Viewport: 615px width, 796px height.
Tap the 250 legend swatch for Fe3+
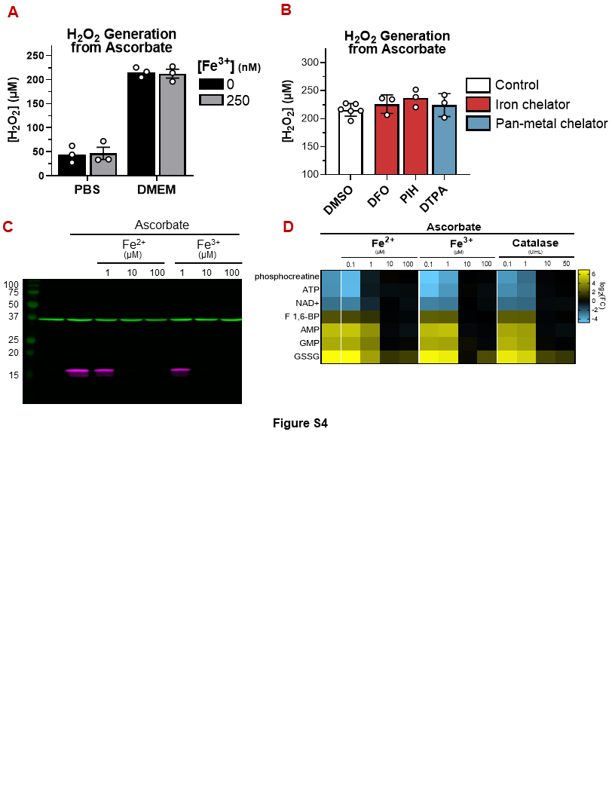point(210,100)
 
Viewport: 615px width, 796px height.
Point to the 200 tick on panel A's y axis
point(35,79)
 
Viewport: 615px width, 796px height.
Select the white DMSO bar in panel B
point(350,143)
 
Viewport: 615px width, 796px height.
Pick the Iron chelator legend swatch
point(478,104)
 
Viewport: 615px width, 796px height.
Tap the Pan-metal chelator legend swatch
point(478,123)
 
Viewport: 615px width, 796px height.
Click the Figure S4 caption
point(300,423)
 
